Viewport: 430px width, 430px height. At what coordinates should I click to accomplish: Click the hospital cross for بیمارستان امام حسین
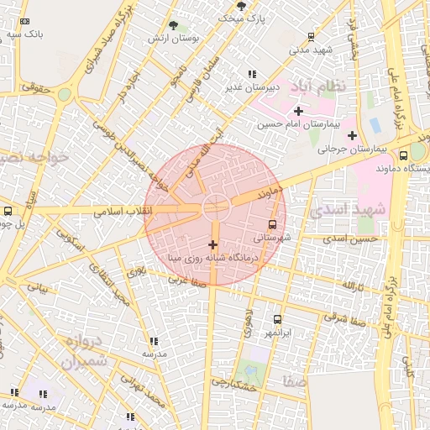pyautogui.click(x=298, y=111)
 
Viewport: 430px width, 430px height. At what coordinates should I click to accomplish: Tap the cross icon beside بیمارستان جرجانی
pyautogui.click(x=352, y=135)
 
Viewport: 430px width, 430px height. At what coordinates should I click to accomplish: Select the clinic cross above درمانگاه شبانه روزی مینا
pyautogui.click(x=212, y=244)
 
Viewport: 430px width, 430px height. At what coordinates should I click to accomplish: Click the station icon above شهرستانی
pyautogui.click(x=271, y=224)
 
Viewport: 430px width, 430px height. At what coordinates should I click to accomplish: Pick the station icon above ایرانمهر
pyautogui.click(x=278, y=319)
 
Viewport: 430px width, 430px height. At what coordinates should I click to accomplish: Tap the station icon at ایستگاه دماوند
pyautogui.click(x=403, y=155)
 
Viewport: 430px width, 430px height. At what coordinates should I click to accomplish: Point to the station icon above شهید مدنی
pyautogui.click(x=312, y=36)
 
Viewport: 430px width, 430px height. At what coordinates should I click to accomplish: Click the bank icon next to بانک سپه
pyautogui.click(x=24, y=22)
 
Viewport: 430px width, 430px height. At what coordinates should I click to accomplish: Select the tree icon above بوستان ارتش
pyautogui.click(x=173, y=26)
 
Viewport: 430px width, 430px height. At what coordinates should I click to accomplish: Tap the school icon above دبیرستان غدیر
pyautogui.click(x=252, y=74)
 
